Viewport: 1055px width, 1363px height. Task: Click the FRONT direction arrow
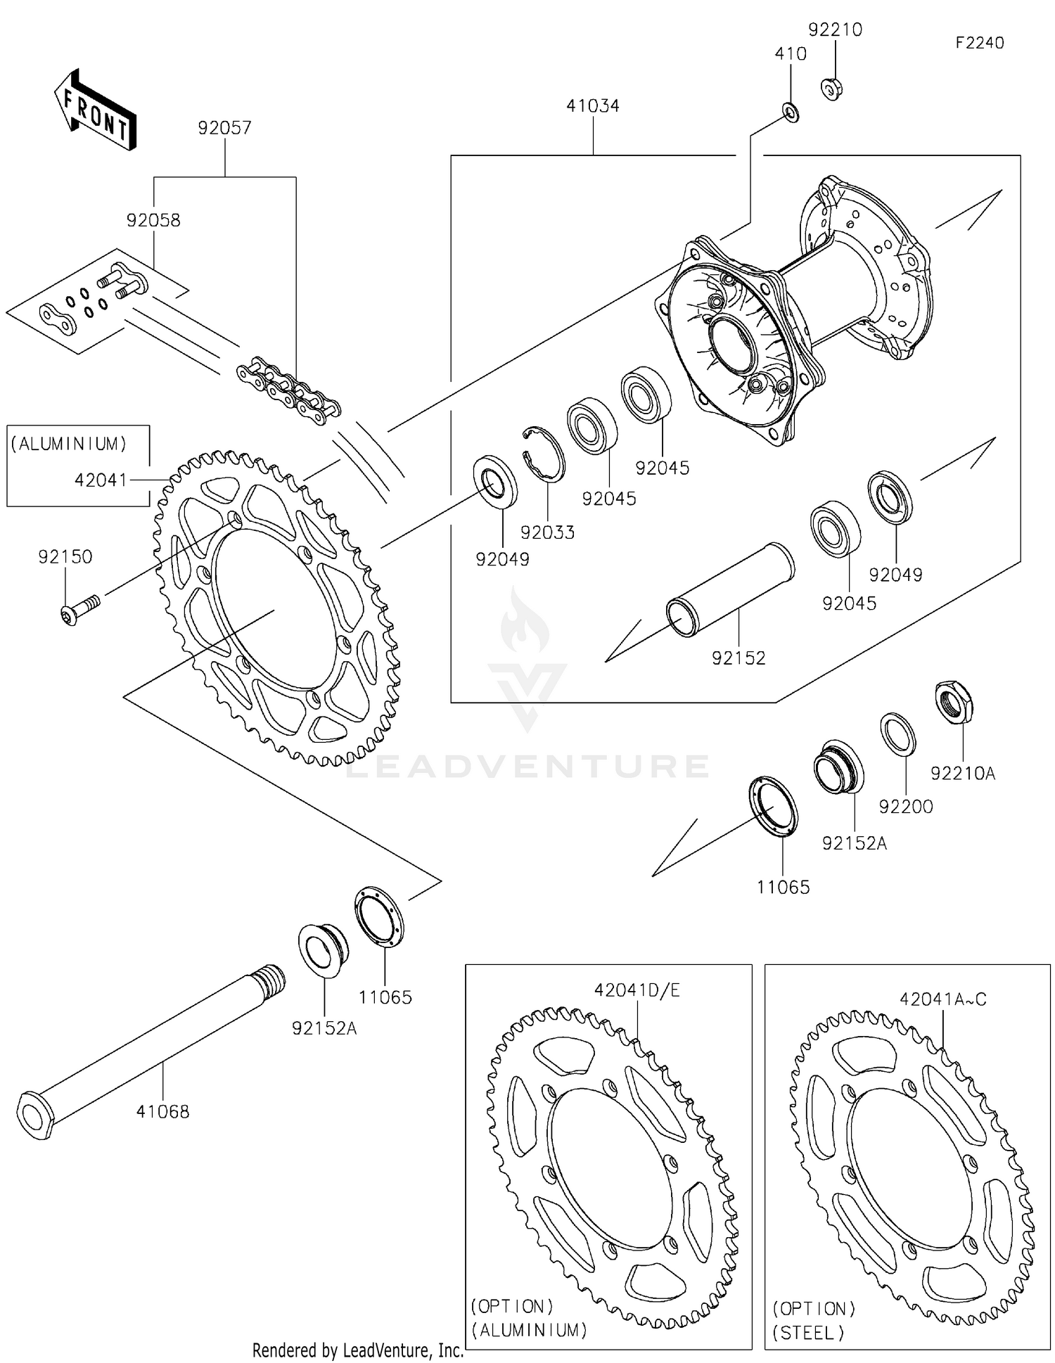tap(95, 110)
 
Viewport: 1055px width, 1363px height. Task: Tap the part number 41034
tap(592, 106)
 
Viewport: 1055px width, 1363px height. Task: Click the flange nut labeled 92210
tap(831, 89)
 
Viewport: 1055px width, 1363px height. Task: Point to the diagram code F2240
tap(979, 43)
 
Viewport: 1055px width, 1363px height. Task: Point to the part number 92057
tap(224, 128)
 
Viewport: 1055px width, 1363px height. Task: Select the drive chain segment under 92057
tap(289, 391)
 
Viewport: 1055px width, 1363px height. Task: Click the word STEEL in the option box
tap(808, 1332)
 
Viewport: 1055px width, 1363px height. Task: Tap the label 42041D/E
tap(637, 990)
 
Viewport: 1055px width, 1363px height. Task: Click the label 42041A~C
tap(942, 999)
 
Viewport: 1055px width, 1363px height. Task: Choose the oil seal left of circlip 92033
tap(495, 481)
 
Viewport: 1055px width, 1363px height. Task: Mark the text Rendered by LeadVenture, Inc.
tap(357, 1350)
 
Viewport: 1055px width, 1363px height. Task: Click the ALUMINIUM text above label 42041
tap(69, 444)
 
